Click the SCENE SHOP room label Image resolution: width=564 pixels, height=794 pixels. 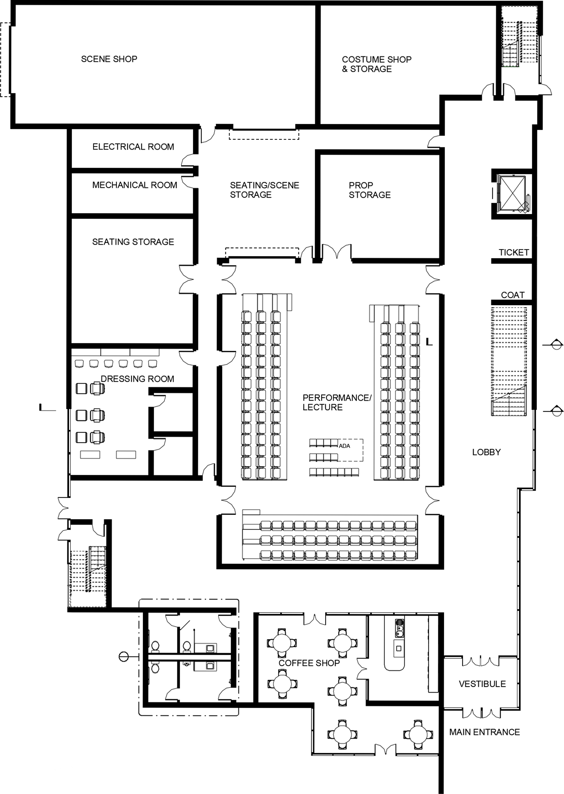click(x=109, y=59)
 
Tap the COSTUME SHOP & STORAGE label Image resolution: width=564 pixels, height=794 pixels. click(x=376, y=64)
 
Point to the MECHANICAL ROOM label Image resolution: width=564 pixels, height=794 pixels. click(x=135, y=185)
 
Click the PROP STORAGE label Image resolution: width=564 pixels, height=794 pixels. click(x=370, y=190)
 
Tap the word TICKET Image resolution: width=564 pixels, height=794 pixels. click(x=514, y=252)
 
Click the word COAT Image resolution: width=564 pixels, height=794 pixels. click(x=513, y=295)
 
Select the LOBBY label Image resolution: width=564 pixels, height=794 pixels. click(x=486, y=452)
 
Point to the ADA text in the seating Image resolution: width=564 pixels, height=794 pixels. click(x=344, y=446)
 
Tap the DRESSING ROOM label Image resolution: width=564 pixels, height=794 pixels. click(x=137, y=379)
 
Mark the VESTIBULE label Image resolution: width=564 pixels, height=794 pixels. click(x=482, y=684)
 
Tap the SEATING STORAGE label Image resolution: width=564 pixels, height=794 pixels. click(x=133, y=242)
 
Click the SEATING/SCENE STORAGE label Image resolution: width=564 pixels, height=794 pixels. click(x=264, y=190)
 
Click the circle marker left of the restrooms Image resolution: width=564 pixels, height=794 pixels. click(x=123, y=657)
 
